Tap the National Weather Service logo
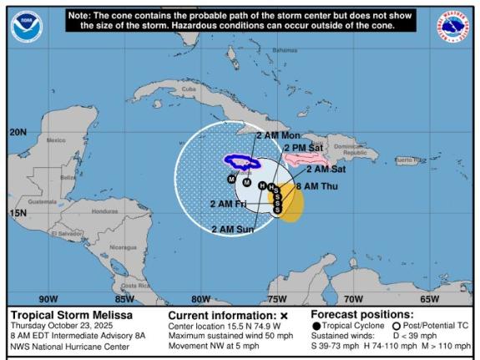point(453,27)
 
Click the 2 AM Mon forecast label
point(278,135)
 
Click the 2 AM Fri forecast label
point(228,203)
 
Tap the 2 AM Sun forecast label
point(233,229)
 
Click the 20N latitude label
point(18,132)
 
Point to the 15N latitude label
point(18,212)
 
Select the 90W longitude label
point(48,298)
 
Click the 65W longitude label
point(429,298)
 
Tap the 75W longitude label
point(277,298)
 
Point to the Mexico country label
point(56,139)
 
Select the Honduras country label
point(104,210)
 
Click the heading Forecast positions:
point(367,315)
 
